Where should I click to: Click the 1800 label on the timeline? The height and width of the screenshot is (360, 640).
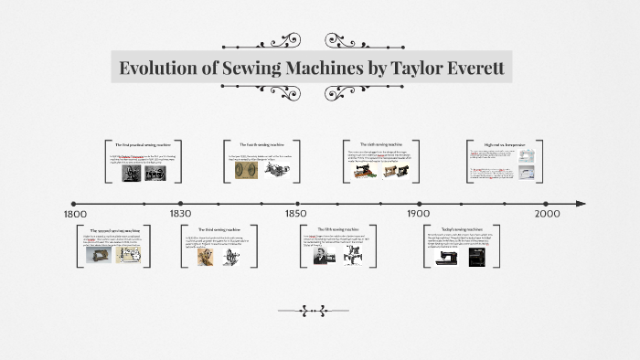75,213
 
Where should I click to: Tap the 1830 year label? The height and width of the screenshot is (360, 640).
180,213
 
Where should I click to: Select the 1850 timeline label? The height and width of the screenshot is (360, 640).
294,213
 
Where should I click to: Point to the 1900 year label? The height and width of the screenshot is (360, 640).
420,213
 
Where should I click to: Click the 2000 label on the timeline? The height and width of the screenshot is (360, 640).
548,213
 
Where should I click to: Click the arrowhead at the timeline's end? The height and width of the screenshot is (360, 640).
581,203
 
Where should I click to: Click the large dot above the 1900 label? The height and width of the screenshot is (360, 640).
420,203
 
